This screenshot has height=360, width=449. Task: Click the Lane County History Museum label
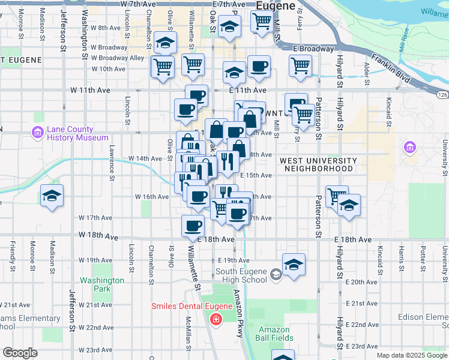coord(70,133)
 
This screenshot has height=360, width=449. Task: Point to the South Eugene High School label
coord(241,275)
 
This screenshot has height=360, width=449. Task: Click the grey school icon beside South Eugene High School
coord(276,275)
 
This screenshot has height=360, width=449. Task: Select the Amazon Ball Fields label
coord(274,334)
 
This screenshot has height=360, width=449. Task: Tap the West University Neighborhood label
coord(318,165)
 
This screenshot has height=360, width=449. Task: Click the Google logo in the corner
coord(20,353)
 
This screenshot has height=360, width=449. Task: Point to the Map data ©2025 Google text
coord(411,355)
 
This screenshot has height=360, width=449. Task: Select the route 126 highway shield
coord(442,95)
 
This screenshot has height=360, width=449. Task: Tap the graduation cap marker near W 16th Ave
coord(52,196)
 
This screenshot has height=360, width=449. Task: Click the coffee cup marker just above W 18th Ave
coord(193,226)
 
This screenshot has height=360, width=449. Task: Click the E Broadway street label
coord(313,49)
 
